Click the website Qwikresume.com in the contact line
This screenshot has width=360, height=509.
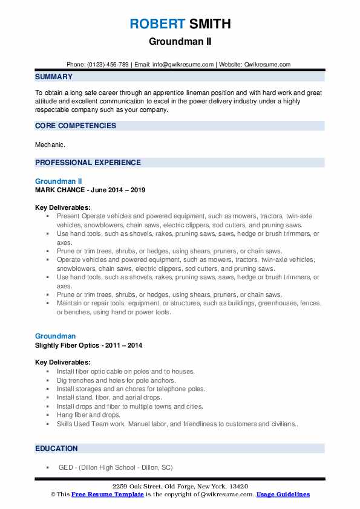coord(267,64)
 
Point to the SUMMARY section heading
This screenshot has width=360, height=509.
coord(54,77)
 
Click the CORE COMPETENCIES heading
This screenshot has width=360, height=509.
coord(76,126)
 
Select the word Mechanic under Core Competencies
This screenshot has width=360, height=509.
coord(48,145)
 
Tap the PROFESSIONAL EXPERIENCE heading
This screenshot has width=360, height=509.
coord(88,163)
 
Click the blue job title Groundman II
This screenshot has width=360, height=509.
coord(58,181)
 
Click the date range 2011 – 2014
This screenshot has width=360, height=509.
coord(128,345)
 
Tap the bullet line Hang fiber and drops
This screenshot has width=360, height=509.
coord(88,415)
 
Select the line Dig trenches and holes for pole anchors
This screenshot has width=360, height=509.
coord(116,380)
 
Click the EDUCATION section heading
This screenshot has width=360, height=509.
coord(56,448)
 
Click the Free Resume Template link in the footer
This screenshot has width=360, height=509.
coord(108,494)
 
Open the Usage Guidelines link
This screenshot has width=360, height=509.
coord(283,494)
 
